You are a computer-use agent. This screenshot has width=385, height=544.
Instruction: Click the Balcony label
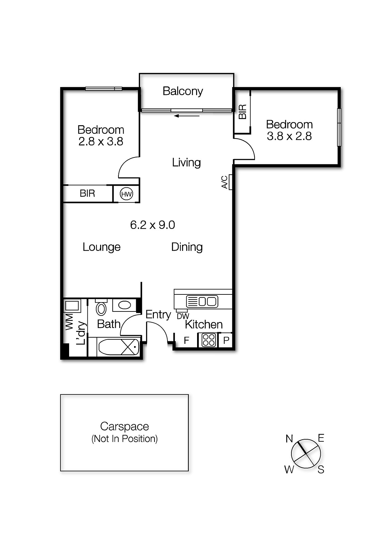pyautogui.click(x=183, y=91)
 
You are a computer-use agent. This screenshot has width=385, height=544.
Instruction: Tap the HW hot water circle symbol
pyautogui.click(x=126, y=194)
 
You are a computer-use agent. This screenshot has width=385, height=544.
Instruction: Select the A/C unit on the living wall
pyautogui.click(x=230, y=182)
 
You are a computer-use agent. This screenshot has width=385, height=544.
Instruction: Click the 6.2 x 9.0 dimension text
pyautogui.click(x=153, y=225)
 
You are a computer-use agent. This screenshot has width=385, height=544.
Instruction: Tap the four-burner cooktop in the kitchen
pyautogui.click(x=208, y=340)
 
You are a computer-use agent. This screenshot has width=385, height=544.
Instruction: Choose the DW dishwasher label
pyautogui.click(x=183, y=316)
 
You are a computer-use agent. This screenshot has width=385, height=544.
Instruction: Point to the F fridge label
pyautogui.click(x=186, y=340)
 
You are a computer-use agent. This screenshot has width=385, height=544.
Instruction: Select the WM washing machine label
pyautogui.click(x=69, y=322)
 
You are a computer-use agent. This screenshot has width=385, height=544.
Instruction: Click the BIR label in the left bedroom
pyautogui.click(x=87, y=193)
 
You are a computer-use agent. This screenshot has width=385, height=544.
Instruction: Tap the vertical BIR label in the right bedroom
pyautogui.click(x=242, y=112)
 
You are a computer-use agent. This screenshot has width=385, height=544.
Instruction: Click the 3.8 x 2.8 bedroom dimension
pyautogui.click(x=289, y=136)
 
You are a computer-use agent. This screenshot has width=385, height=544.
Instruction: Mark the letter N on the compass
pyautogui.click(x=289, y=439)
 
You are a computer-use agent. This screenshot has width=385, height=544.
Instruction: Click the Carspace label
pyautogui.click(x=124, y=426)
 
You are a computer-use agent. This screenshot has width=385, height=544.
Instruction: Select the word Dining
pyautogui.click(x=187, y=247)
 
